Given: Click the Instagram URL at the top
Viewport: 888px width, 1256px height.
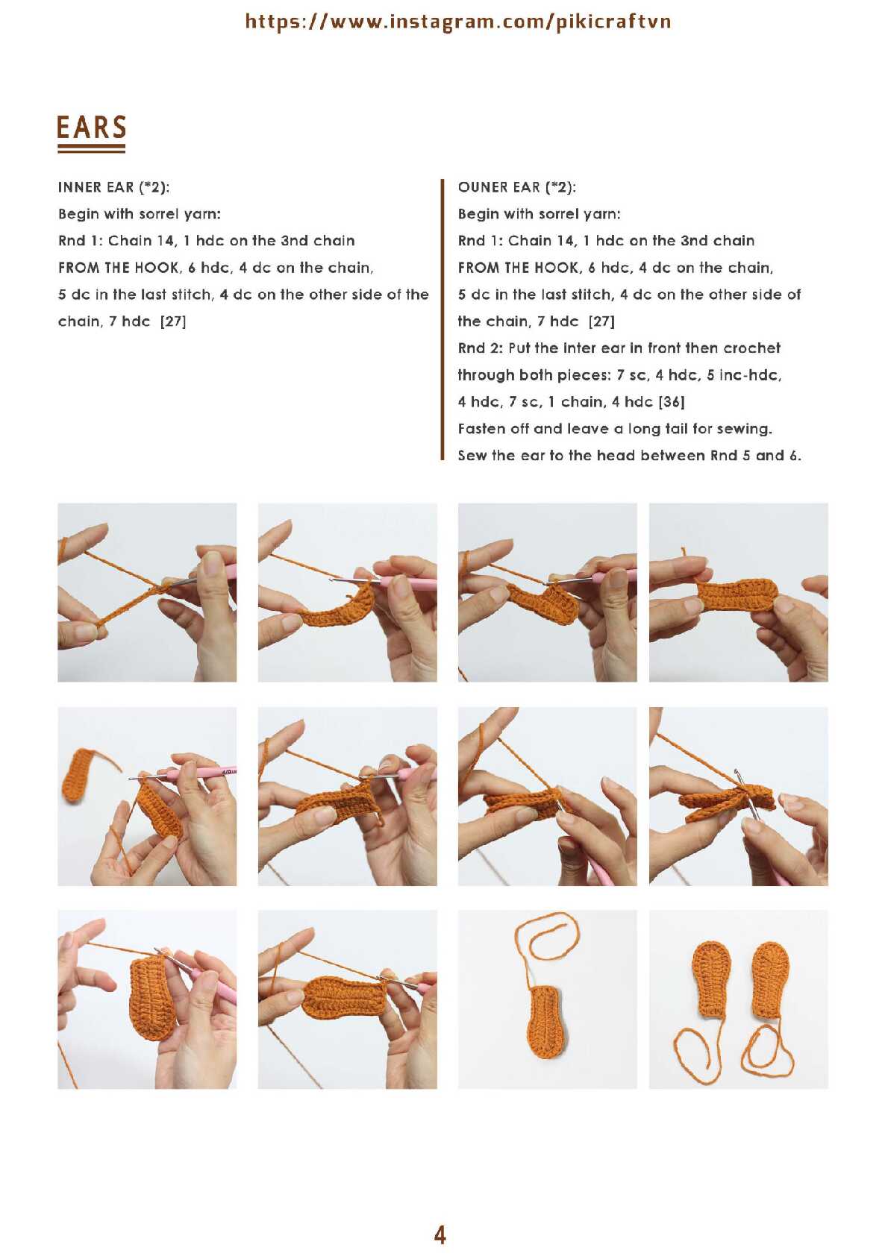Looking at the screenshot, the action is (x=457, y=22).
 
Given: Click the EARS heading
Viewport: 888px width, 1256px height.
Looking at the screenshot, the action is (x=92, y=128).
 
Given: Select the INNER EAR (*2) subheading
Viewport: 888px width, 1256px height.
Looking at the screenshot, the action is (x=114, y=187).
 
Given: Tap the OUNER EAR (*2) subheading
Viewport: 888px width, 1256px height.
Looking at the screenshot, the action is (x=516, y=187).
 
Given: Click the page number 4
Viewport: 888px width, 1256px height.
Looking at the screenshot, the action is (x=440, y=1234).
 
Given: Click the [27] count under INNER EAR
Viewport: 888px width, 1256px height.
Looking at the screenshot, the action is (x=173, y=321).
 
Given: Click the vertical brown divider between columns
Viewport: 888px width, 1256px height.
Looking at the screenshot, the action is (x=443, y=320).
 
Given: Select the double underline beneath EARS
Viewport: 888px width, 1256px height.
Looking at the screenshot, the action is (x=92, y=148).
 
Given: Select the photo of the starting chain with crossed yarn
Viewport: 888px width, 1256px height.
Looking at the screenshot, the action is (x=147, y=592).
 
